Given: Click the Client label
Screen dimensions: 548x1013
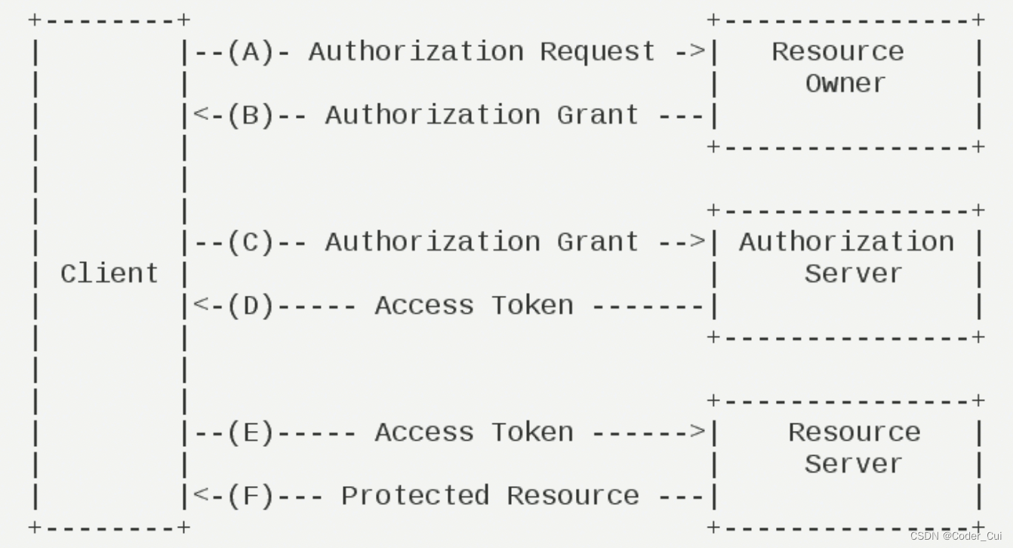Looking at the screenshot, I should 109,273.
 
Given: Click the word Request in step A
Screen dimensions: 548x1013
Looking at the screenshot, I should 598,51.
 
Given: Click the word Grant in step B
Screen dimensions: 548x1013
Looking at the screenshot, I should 598,115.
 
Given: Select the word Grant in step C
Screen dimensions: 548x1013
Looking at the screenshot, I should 598,242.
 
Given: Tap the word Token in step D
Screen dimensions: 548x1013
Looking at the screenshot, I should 532,305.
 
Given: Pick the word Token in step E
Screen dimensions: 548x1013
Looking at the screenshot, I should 532,432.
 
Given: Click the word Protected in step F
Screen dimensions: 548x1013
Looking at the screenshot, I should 415,495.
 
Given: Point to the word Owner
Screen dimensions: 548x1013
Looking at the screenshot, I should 845,83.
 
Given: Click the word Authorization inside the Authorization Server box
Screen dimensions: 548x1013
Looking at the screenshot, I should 846,242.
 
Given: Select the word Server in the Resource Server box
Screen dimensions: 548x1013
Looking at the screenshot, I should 853,463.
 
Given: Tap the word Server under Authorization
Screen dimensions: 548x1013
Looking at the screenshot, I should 853,273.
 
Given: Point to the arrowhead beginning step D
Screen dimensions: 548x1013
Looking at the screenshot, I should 201,305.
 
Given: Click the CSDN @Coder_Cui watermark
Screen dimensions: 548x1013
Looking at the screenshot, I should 956,536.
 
